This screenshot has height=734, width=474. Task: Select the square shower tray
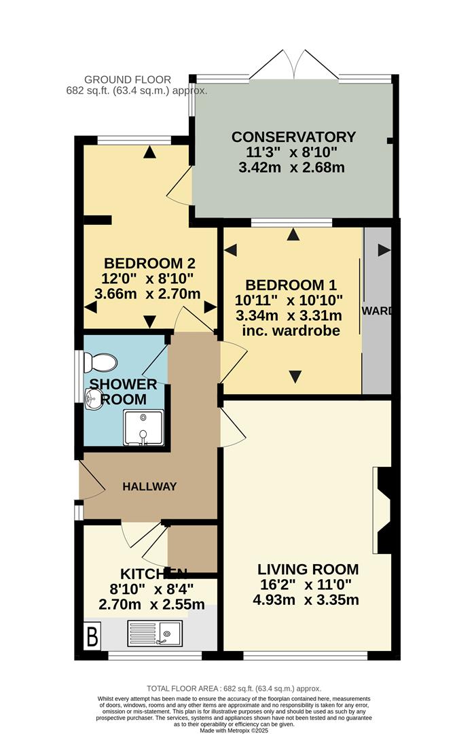coord(143,428)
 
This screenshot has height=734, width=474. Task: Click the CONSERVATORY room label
coord(293,137)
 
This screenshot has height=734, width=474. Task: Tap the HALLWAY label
coord(149,487)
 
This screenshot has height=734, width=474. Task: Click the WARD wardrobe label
coord(377,312)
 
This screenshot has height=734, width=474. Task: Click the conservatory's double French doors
coord(293,65)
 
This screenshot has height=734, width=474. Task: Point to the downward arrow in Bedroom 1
coord(295,377)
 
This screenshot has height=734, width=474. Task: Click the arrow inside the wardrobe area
coord(384,250)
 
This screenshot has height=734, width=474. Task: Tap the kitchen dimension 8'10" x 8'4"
coord(149,589)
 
